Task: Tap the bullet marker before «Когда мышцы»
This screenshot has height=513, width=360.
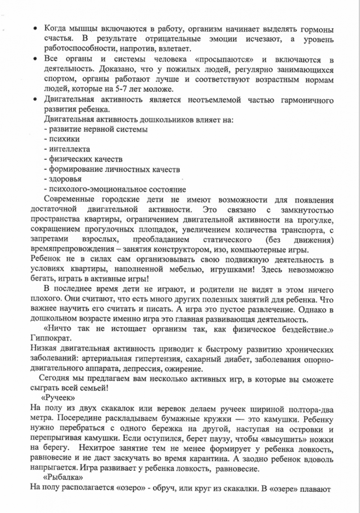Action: (x=36, y=29)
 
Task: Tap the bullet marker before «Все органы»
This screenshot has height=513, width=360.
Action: (x=36, y=60)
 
